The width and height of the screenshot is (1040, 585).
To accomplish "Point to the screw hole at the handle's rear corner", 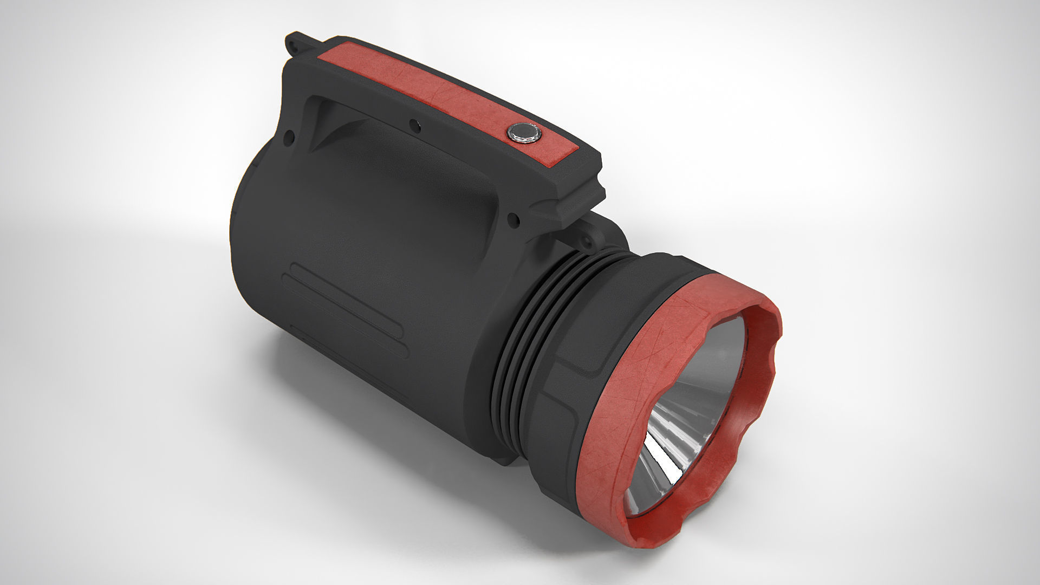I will pyautogui.click(x=290, y=135).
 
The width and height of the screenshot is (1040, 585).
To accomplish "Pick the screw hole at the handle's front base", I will pyautogui.click(x=512, y=220).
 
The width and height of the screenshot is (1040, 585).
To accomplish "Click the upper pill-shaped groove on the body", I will pyautogui.click(x=347, y=301).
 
